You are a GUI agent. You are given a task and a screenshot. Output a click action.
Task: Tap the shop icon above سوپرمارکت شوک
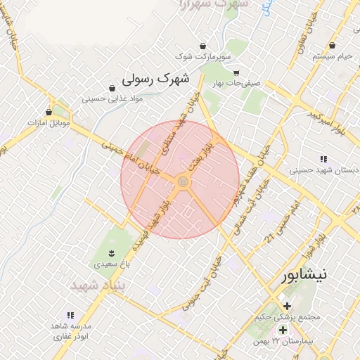click(203, 45)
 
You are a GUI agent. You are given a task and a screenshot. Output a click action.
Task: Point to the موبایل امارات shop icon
click(49, 112)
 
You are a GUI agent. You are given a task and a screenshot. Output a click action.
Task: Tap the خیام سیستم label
click(333, 56)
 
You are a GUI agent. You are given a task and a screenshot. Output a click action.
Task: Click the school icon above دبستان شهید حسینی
click(323, 159)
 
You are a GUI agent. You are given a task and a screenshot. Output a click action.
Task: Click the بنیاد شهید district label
click(91, 286)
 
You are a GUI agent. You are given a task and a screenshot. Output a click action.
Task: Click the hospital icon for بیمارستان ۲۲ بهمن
click(282, 329)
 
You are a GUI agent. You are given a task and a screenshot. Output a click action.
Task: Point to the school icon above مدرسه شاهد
click(70, 316)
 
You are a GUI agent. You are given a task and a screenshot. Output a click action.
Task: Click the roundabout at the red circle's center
click(183, 181)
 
